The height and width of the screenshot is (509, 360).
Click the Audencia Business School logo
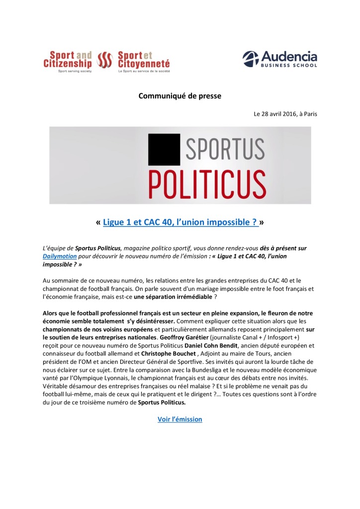tap(279, 60)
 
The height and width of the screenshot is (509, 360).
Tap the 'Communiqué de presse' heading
tap(180, 96)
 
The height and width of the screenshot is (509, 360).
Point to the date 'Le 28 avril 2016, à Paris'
tap(285, 114)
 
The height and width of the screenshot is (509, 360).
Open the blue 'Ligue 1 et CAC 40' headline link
tap(180, 223)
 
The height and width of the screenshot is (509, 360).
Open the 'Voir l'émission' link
tap(180, 419)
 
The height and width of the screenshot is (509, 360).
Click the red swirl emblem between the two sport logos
tap(105, 60)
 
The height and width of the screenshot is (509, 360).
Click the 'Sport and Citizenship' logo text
tap(67, 59)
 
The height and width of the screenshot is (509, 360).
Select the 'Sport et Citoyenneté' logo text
tap(144, 59)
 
